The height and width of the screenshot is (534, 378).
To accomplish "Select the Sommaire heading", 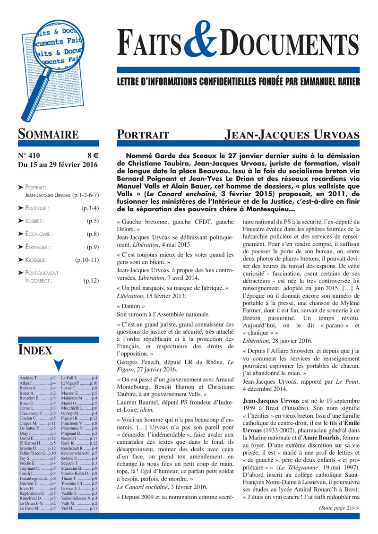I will click(48, 134).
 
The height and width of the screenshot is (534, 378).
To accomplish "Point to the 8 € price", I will click(92, 155).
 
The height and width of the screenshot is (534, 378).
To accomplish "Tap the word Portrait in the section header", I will click(143, 135).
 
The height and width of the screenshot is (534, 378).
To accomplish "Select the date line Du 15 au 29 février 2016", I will click(57, 165).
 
